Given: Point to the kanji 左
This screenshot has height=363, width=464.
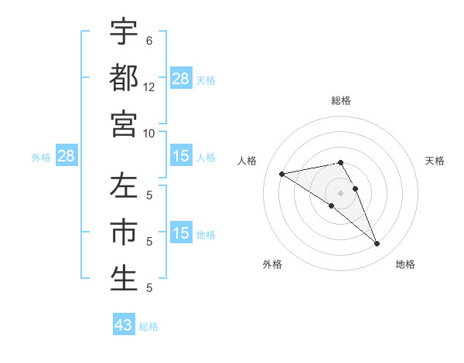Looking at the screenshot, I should tap(124, 188).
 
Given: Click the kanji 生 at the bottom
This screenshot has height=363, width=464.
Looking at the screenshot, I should tap(124, 278).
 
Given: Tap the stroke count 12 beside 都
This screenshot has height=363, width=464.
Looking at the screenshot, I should tap(149, 87).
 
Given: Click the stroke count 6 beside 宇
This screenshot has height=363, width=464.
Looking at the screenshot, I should tap(149, 41).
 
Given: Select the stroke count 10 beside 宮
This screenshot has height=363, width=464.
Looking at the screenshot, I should tap(149, 133).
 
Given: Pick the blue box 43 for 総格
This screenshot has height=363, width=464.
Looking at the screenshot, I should tap(124, 325).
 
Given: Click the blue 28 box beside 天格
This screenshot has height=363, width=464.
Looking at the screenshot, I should tap(181, 79).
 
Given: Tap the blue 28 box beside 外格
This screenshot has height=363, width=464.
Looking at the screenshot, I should tap(66, 157).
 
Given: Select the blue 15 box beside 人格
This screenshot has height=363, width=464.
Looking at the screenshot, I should tap(181, 157).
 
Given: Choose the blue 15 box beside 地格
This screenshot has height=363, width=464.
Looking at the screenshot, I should tap(181, 233).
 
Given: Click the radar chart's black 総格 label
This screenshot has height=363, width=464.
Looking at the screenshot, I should tap(341, 100).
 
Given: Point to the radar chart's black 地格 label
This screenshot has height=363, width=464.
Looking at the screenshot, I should tap(405, 264).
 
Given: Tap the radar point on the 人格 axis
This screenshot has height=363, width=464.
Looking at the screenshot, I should tap(282, 174).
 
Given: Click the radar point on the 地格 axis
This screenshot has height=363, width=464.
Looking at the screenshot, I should tap(377, 244).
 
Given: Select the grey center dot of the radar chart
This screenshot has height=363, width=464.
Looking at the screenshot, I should tap(341, 192).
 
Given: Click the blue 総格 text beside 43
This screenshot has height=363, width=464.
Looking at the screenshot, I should tap(148, 327).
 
